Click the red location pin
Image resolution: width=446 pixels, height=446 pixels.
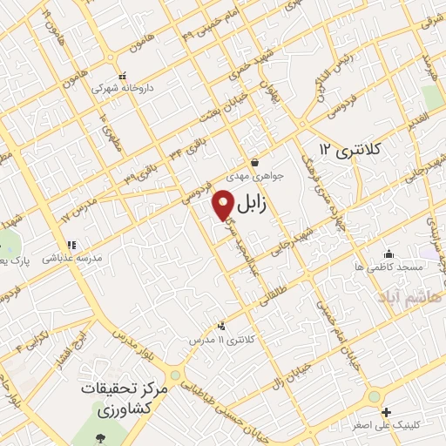224,204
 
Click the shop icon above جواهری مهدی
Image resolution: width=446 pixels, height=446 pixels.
254,162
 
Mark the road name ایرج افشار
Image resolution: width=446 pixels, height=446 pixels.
76,338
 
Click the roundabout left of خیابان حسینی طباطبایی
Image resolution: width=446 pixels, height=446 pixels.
175,376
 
